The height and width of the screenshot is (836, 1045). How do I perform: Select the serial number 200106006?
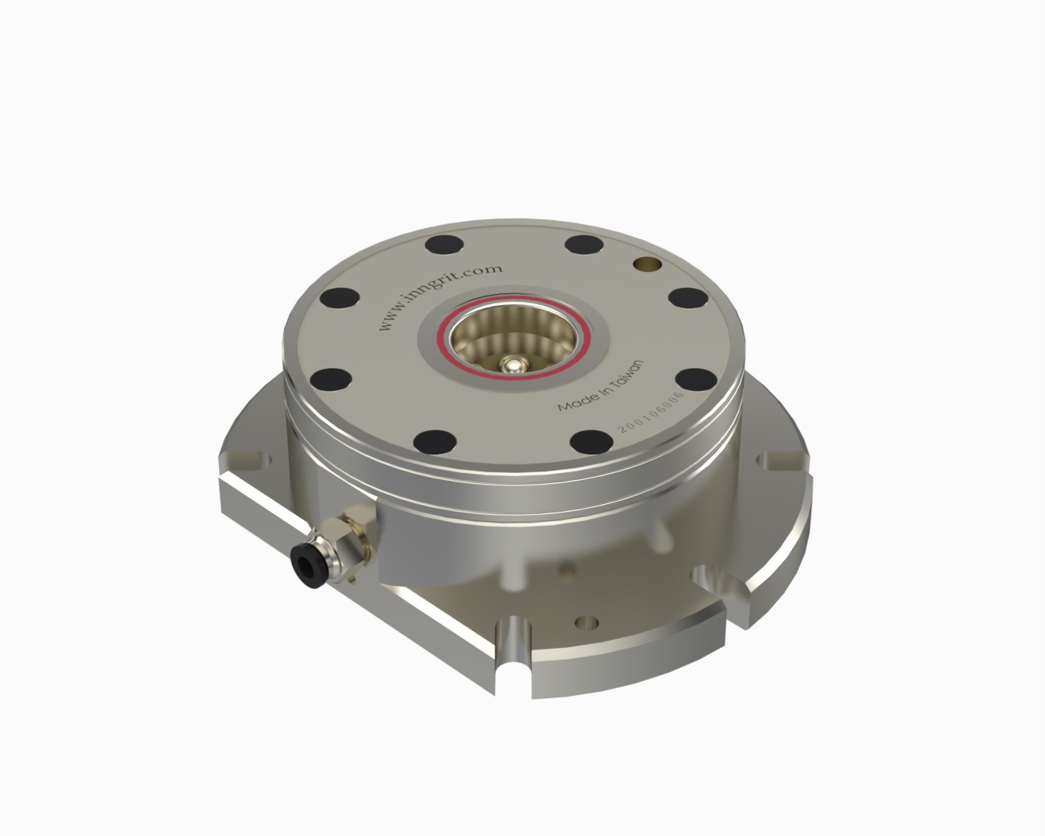(x=651, y=411)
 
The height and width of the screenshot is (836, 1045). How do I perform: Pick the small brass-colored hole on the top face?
(x=647, y=264)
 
